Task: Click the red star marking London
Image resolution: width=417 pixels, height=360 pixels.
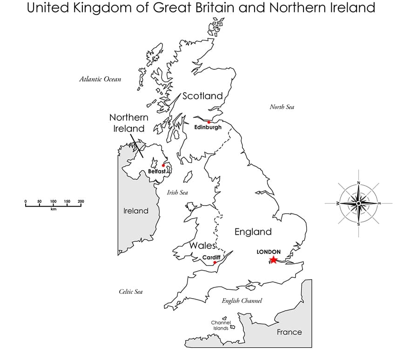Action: [x=273, y=260]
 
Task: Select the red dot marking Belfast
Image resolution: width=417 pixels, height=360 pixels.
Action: [x=163, y=165]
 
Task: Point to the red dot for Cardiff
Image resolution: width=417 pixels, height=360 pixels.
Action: [x=215, y=263]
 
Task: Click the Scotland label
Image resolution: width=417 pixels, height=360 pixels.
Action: [x=202, y=96]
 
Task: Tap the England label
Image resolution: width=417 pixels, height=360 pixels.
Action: [x=253, y=232]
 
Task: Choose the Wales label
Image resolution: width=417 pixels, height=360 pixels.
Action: [x=202, y=245]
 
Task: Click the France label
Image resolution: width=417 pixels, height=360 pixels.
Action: [x=289, y=332]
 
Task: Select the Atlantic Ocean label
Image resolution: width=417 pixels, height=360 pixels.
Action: [x=100, y=79]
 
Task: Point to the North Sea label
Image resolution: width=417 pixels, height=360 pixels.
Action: [x=282, y=107]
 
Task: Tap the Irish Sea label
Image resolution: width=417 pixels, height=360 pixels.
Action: [x=177, y=192]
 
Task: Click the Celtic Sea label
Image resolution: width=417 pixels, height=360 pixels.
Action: [x=131, y=292]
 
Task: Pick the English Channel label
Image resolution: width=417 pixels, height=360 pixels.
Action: [x=242, y=301]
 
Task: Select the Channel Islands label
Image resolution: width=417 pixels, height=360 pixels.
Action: [x=220, y=325]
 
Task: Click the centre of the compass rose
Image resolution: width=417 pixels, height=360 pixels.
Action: [x=358, y=203]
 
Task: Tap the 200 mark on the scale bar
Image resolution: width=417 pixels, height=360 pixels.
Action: [x=81, y=201]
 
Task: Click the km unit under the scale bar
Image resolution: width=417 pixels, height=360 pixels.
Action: [x=53, y=209]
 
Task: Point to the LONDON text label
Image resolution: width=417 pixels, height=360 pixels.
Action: [x=269, y=252]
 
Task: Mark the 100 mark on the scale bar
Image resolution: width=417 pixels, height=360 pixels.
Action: [x=53, y=201]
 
